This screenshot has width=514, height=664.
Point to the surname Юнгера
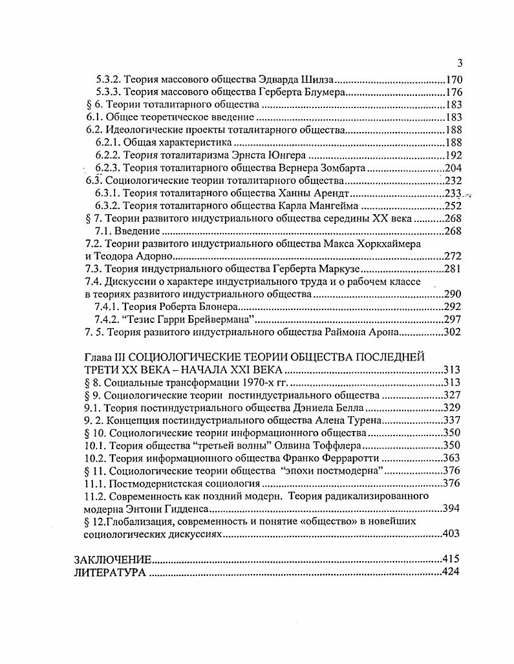[286, 155]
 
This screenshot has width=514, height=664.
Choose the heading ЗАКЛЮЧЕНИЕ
[113, 559]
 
